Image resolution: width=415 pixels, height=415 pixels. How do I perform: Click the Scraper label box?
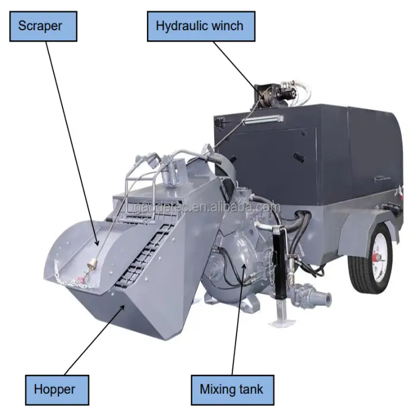43,26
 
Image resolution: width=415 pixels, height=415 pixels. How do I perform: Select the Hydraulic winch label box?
201,26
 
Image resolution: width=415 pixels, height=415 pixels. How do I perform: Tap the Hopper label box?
57,390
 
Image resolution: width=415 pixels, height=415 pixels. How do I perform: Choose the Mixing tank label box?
232,390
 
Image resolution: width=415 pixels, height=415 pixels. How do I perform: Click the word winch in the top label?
227,25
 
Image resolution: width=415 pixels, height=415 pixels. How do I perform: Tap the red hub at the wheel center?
376,257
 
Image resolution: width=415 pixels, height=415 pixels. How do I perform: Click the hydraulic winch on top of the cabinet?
275,95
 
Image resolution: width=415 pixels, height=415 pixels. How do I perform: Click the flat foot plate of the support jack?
282,323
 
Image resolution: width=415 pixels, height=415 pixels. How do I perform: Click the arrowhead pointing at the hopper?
122,308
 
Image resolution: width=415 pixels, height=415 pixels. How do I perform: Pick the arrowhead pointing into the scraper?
97,242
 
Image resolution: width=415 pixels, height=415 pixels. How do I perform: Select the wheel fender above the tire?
368,228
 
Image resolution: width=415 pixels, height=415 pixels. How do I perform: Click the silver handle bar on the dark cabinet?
263,119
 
